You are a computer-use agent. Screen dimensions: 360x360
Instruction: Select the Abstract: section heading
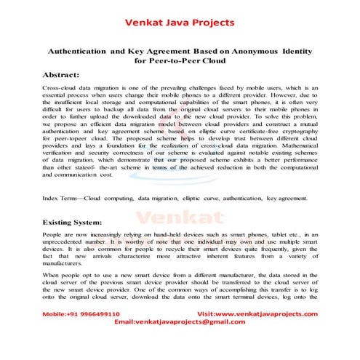point(67,75)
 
